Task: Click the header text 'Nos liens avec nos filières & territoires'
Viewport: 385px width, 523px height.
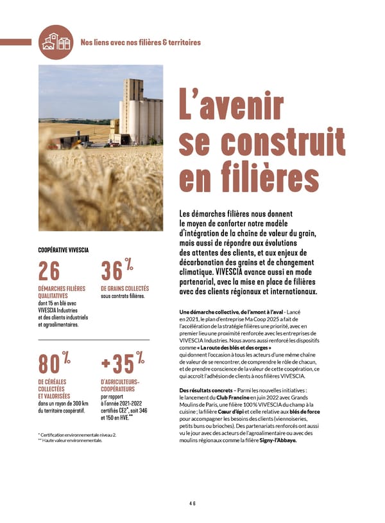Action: coord(141,42)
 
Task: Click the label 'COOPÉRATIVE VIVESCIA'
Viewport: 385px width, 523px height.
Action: coord(64,249)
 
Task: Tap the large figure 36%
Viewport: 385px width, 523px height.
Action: coord(117,271)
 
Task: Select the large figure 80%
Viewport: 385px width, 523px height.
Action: coord(54,363)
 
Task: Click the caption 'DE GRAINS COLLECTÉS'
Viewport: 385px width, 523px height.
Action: coord(124,288)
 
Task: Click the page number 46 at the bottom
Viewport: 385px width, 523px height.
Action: coord(193,504)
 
